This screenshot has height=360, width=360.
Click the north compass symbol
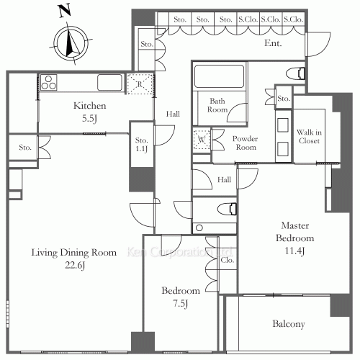click(x=71, y=43)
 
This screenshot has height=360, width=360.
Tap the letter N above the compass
click(x=65, y=11)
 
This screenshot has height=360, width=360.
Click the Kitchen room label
click(x=89, y=106)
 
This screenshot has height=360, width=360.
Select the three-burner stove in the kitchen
click(x=48, y=82)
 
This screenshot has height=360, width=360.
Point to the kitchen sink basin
click(x=109, y=82)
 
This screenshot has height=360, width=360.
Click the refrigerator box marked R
click(x=140, y=84)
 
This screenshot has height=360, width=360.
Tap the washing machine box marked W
click(x=202, y=139)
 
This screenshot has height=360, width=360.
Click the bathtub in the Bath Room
click(x=219, y=76)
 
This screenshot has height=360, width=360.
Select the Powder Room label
click(x=245, y=143)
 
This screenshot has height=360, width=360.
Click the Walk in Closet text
click(x=309, y=136)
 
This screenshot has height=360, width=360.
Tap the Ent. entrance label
click(x=273, y=43)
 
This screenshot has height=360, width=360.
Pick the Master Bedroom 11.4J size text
click(x=294, y=251)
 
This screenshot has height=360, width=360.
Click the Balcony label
click(x=289, y=324)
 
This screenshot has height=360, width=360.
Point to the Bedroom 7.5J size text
click(x=181, y=304)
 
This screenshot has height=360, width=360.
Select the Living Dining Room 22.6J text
click(x=74, y=258)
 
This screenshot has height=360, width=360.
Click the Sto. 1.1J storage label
click(x=141, y=145)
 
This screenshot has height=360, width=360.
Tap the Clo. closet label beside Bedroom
click(x=227, y=260)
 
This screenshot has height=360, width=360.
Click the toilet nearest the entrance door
click(x=296, y=73)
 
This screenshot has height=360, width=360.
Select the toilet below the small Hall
click(x=227, y=209)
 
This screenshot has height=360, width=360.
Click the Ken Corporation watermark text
click(x=179, y=252)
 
